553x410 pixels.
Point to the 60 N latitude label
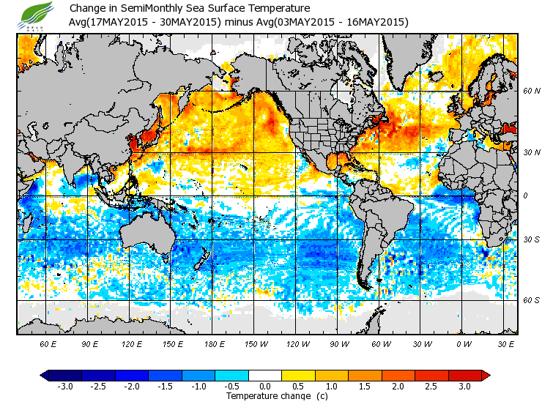point(532,91)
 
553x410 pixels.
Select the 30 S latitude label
point(532,239)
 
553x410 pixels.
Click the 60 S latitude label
point(532,300)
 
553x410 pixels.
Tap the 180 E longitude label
point(214,343)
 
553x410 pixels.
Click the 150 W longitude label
point(256,343)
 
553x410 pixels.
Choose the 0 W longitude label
point(464,343)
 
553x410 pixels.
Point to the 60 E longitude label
point(48,343)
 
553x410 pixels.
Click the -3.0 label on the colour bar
point(66,387)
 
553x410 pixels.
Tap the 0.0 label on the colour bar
point(266,387)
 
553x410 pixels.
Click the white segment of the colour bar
point(266,376)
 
